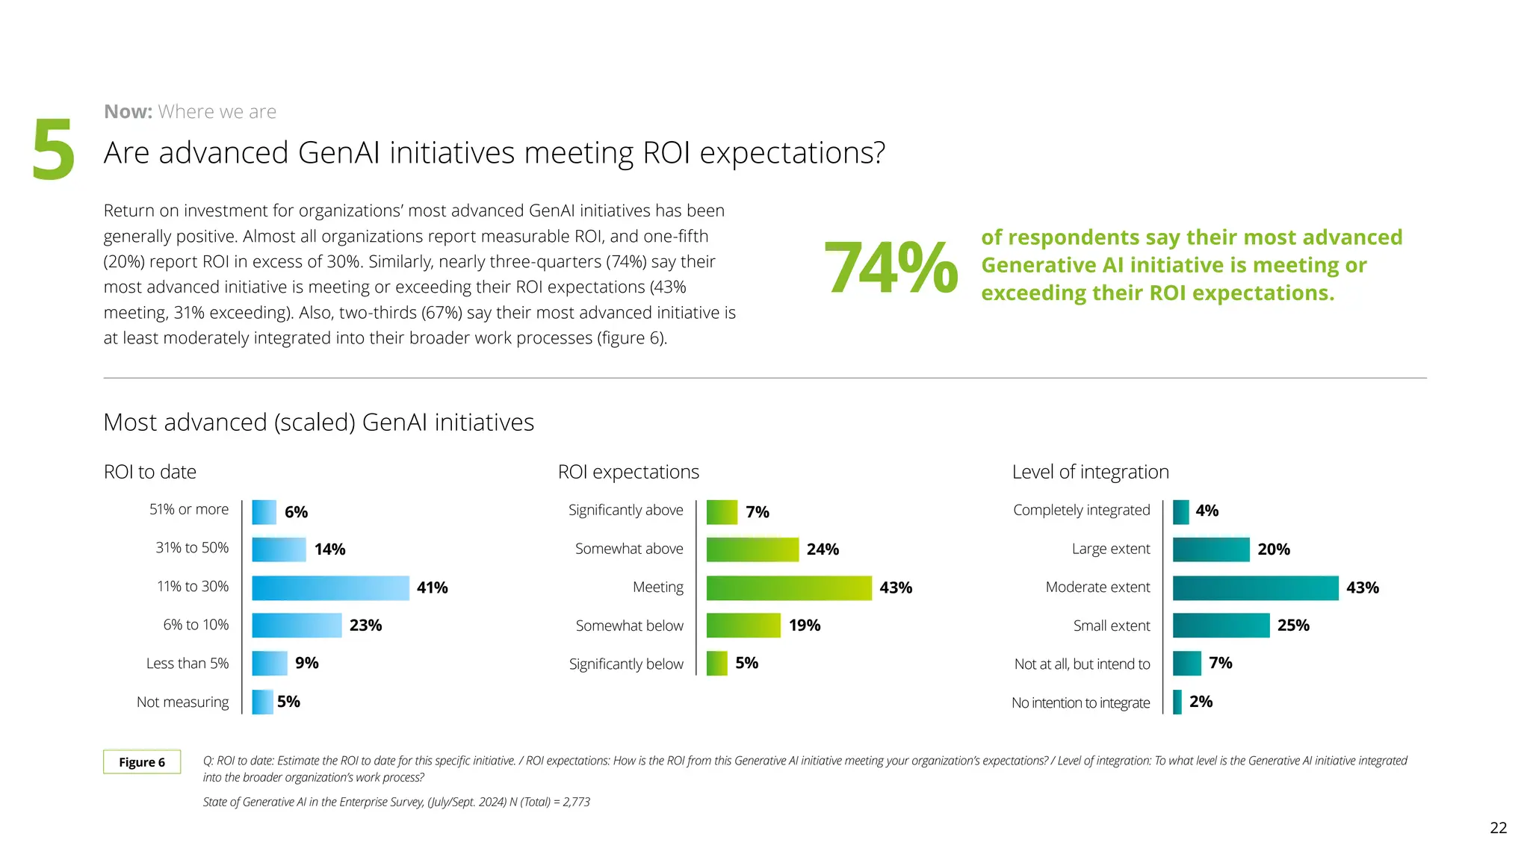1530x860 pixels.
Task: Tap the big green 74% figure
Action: pos(891,267)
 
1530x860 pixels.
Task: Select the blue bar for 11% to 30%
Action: pos(330,588)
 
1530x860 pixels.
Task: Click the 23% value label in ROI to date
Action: pos(365,625)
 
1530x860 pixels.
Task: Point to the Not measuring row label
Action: pos(182,702)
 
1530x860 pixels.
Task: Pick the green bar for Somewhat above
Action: pos(752,549)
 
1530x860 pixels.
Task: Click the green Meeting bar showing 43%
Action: pos(788,588)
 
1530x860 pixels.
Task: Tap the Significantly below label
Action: pos(626,664)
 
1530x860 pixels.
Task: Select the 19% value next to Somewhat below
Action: pos(804,625)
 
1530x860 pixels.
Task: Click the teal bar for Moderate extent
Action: pos(1255,588)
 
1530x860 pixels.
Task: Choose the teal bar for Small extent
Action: pos(1221,625)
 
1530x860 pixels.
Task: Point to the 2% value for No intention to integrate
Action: pos(1201,702)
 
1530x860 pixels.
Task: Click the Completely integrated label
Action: pos(1081,510)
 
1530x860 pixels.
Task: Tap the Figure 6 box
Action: pos(142,762)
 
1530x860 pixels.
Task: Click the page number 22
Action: pos(1498,827)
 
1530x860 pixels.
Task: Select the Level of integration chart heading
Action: pos(1090,472)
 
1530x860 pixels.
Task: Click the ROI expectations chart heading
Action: pos(628,472)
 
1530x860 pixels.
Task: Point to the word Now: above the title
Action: pos(128,112)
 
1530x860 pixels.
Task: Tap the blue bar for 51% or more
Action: pos(264,512)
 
